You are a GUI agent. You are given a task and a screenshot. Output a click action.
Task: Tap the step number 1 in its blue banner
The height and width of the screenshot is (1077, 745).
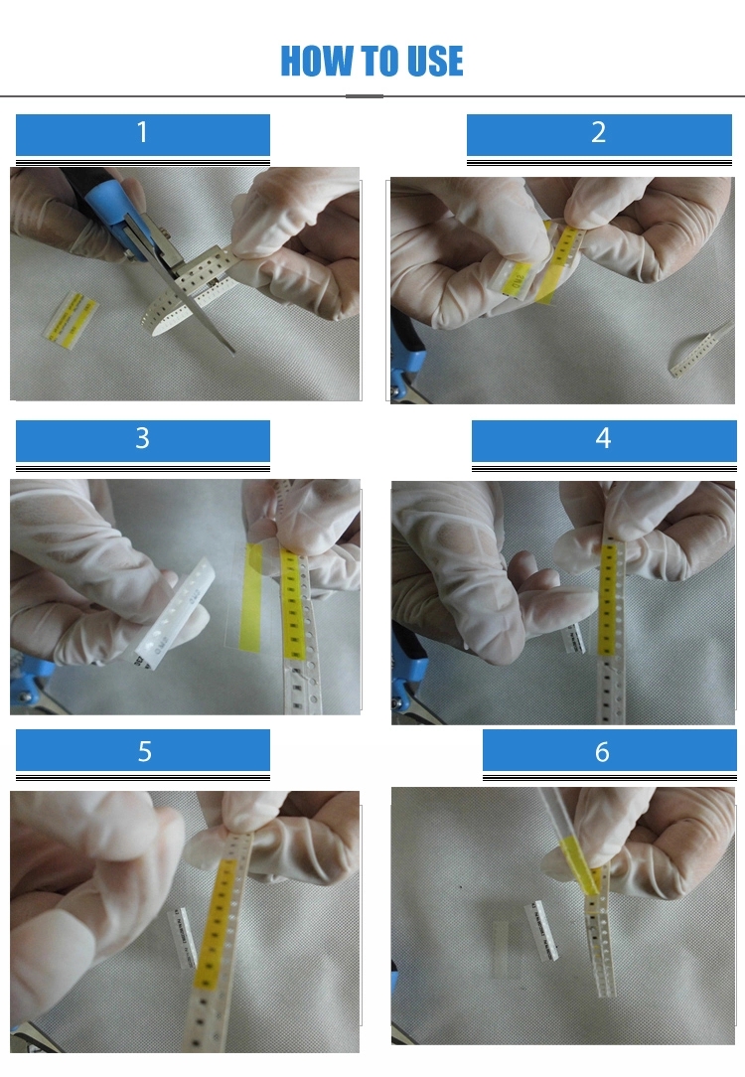[142, 132]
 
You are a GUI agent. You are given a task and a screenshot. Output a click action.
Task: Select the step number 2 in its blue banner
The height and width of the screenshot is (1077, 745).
[598, 132]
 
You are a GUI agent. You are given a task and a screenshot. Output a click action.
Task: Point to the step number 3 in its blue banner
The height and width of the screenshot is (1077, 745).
[142, 438]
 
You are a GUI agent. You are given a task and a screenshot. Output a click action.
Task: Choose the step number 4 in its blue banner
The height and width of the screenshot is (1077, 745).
[603, 438]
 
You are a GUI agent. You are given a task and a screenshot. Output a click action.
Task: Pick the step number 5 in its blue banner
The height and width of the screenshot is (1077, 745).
[144, 751]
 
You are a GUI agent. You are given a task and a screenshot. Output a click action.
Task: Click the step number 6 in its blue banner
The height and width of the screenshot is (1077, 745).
[602, 751]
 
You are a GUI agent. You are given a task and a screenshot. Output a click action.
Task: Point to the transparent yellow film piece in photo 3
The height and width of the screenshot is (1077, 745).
[250, 596]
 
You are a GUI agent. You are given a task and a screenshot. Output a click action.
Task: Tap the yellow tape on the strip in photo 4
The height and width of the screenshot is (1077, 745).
[607, 597]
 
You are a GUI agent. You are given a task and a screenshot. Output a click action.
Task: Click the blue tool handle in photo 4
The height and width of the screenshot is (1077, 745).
[409, 660]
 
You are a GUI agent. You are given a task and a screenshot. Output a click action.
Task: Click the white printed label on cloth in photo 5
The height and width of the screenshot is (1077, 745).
[183, 938]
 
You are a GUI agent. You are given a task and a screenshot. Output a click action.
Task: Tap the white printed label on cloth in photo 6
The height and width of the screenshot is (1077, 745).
[541, 931]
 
